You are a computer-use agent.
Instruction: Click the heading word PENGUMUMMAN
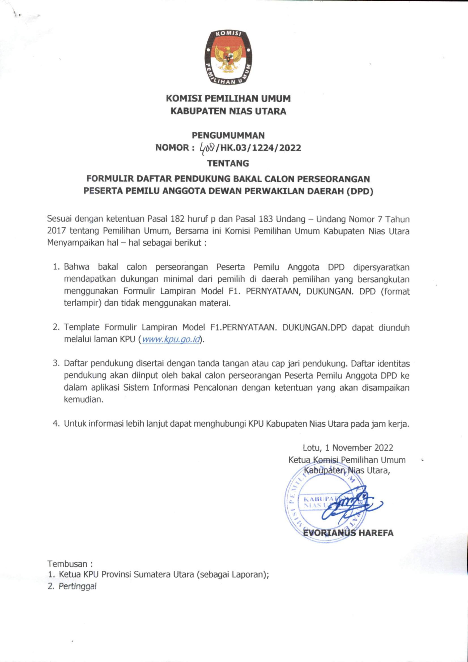[228, 135]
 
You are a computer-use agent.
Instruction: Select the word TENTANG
[228, 163]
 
